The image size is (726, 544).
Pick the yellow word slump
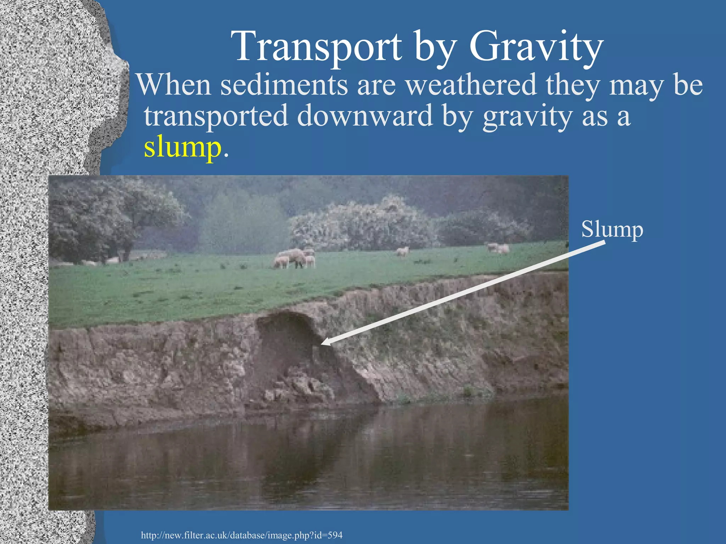tap(182, 147)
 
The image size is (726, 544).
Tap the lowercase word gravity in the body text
tap(527, 116)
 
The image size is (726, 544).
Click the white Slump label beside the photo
tap(612, 229)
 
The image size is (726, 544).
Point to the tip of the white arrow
tap(322, 344)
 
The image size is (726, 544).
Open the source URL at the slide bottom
tap(241, 535)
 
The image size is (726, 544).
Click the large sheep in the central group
tap(293, 257)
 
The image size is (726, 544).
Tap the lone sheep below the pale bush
tap(402, 251)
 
